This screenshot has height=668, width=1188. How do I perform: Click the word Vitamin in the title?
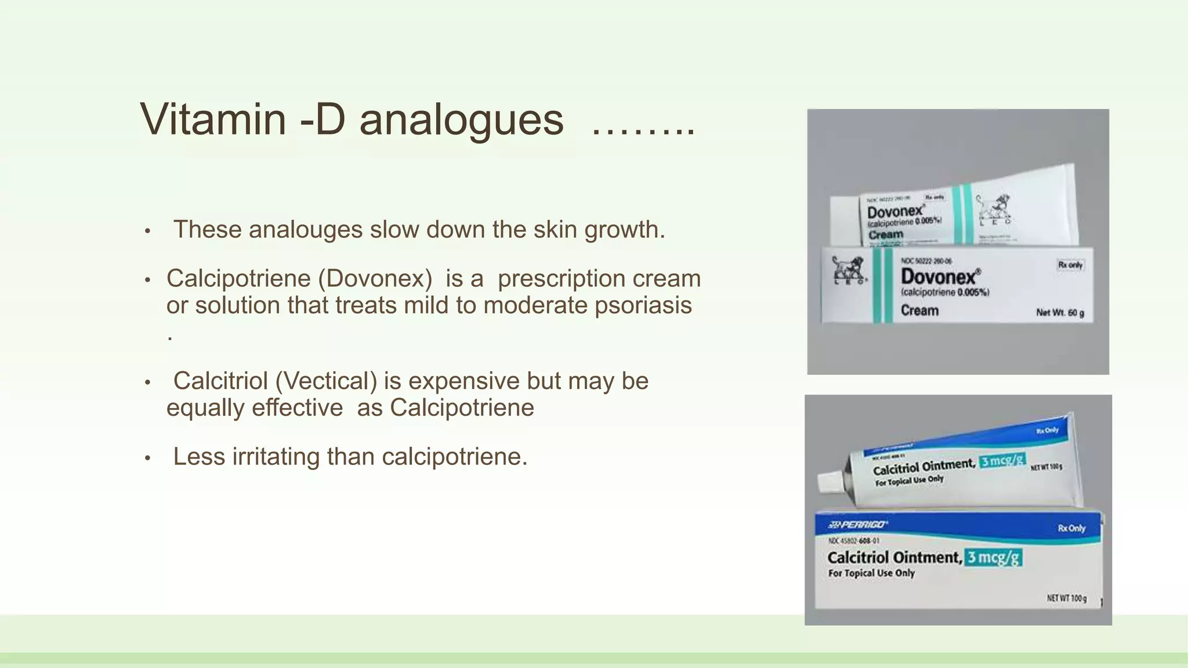pos(213,119)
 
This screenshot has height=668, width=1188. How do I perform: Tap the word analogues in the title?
pos(461,121)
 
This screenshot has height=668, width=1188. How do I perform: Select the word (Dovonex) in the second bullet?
pos(375,279)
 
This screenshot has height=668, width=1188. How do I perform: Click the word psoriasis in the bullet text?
pos(643,306)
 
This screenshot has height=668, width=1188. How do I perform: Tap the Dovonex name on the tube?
pos(894,212)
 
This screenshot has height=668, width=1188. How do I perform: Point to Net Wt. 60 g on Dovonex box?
pos(1060,313)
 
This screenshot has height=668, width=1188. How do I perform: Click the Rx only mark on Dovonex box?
pos(1070,265)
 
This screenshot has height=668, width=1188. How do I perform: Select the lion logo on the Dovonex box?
pos(849,271)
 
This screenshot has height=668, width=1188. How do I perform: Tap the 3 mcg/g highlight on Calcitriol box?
pos(993,558)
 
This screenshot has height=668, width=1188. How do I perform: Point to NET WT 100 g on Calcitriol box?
pos(1066,598)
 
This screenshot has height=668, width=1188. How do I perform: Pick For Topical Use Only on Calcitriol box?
pos(871,573)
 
